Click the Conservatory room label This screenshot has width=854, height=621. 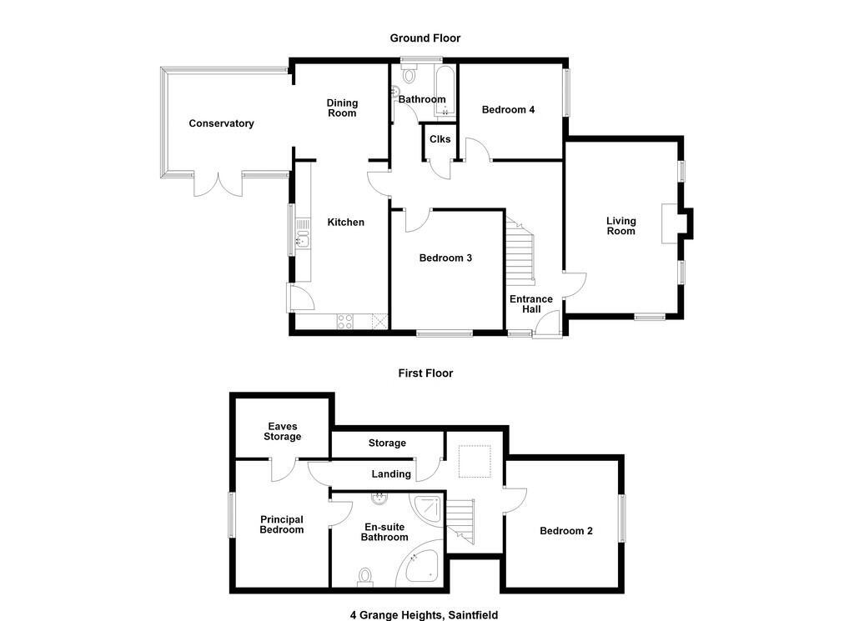click(x=221, y=123)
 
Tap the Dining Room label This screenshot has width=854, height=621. click(x=342, y=108)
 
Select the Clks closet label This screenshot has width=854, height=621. click(x=440, y=138)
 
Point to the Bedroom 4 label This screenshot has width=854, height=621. click(x=508, y=109)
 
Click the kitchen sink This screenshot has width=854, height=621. click(x=302, y=238)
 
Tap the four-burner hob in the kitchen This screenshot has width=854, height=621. click(x=344, y=321)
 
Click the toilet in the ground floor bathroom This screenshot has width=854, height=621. click(x=409, y=74)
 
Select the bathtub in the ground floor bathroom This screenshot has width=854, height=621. click(x=445, y=91)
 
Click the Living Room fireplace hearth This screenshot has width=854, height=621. click(x=670, y=223)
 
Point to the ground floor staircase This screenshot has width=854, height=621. click(x=520, y=251)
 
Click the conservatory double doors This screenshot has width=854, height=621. click(x=218, y=184)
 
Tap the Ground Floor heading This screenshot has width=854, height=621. click(x=425, y=38)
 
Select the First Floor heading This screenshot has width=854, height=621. click(x=426, y=373)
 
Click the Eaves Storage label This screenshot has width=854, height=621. click(x=282, y=432)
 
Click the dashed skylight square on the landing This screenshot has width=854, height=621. click(x=475, y=462)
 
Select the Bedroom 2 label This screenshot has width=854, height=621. click(x=566, y=531)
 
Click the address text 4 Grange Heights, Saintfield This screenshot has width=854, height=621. click(x=424, y=615)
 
